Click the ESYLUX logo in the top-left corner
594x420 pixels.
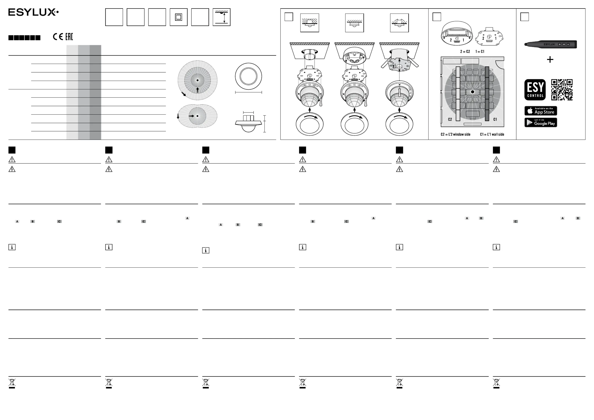[x=33, y=12]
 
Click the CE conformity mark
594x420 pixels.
[x=58, y=37]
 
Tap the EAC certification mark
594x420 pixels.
[x=69, y=37]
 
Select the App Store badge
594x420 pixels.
[x=540, y=111]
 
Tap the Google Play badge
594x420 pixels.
[x=540, y=122]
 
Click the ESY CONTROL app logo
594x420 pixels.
[x=535, y=90]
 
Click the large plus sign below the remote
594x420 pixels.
[x=550, y=59]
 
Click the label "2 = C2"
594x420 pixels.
[x=465, y=51]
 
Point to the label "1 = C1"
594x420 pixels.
[x=480, y=51]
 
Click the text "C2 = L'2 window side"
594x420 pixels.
[x=455, y=134]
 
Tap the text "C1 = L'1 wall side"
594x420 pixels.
[x=492, y=134]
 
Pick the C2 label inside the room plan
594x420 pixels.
[x=450, y=119]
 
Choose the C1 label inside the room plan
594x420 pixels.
[x=495, y=119]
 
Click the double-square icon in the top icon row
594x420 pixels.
[x=178, y=17]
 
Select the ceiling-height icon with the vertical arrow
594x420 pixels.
[x=222, y=17]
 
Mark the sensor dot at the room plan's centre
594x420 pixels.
[x=472, y=92]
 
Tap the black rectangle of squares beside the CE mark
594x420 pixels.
[x=24, y=38]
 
